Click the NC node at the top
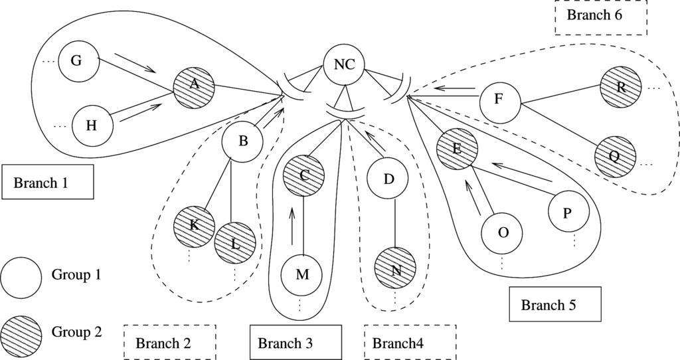344,65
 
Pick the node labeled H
92,126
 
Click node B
242,141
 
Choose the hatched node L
235,243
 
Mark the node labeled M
302,274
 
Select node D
388,178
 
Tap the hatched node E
457,149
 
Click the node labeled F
500,100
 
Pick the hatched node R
621,87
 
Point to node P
568,213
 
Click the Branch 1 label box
48,182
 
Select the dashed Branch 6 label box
601,17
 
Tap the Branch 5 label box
555,304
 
